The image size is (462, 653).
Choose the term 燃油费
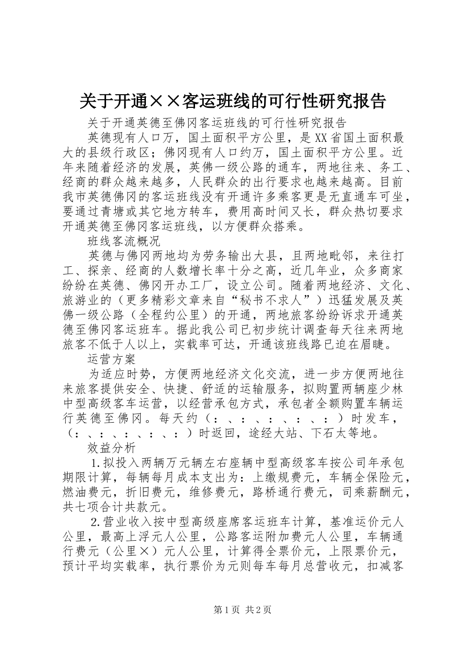click(81, 491)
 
